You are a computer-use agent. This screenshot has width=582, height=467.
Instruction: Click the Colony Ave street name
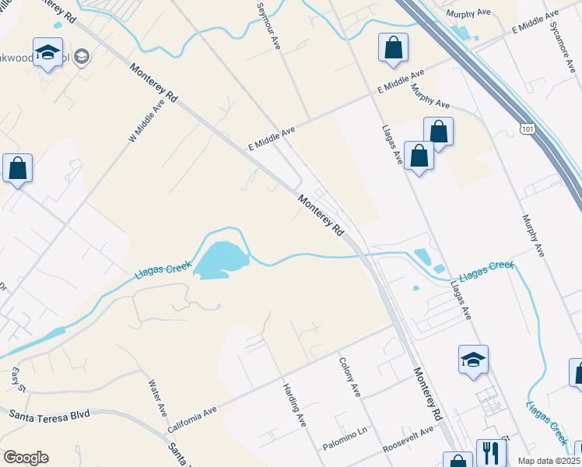tap(349, 377)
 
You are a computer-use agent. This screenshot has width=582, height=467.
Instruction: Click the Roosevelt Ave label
tap(408, 440)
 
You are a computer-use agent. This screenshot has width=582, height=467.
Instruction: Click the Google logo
tap(26, 458)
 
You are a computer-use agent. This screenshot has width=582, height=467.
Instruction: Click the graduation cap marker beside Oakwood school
tap(48, 53)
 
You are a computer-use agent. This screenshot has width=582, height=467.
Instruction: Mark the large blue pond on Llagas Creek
tap(220, 260)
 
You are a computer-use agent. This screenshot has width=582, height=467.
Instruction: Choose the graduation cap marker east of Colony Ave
tap(473, 360)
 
